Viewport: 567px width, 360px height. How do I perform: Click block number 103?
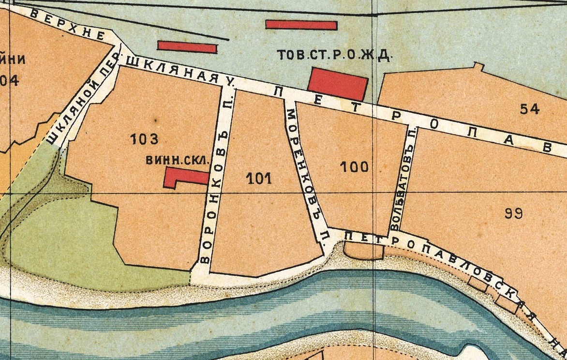tap(144, 140)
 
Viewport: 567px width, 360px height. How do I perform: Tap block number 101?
tap(259, 179)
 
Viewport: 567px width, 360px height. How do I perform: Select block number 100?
tap(354, 167)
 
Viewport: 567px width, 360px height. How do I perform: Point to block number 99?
tap(513, 213)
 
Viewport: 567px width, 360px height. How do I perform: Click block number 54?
tap(529, 109)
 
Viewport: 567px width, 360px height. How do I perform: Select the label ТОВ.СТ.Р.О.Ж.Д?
tap(333, 55)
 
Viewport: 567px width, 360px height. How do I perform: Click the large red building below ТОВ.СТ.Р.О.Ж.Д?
tap(337, 84)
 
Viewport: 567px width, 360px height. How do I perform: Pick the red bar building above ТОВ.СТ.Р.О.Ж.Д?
tap(301, 25)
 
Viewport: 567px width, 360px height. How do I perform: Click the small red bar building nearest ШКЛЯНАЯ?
tap(187, 47)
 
